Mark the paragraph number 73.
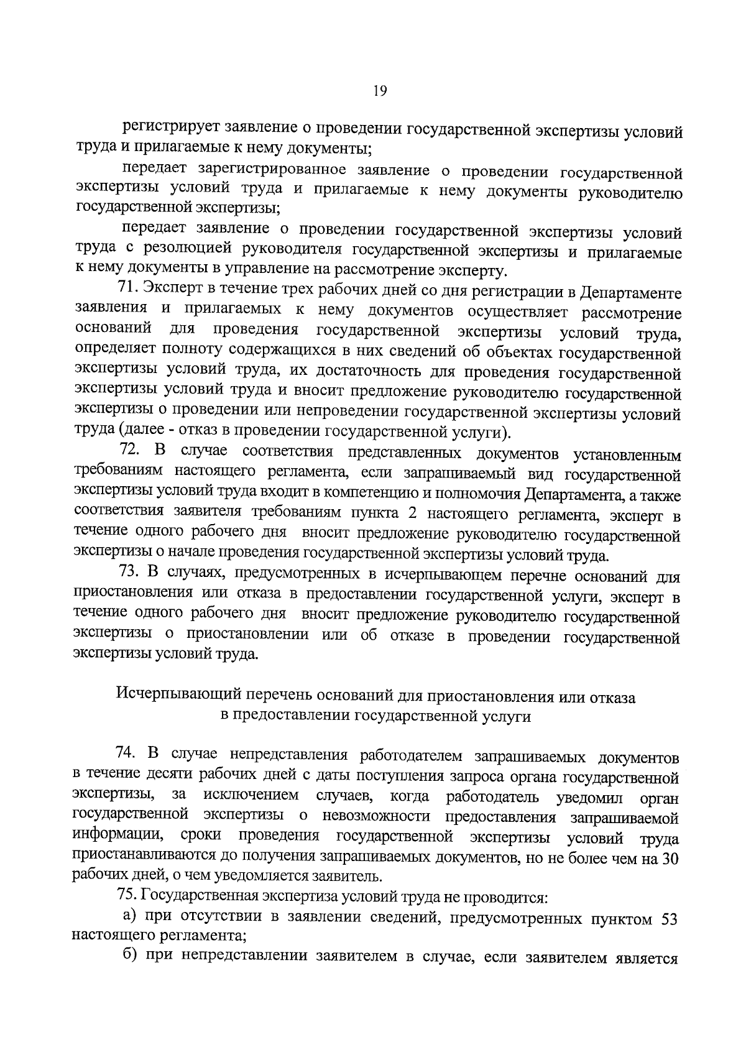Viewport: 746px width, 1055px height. click(x=129, y=573)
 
